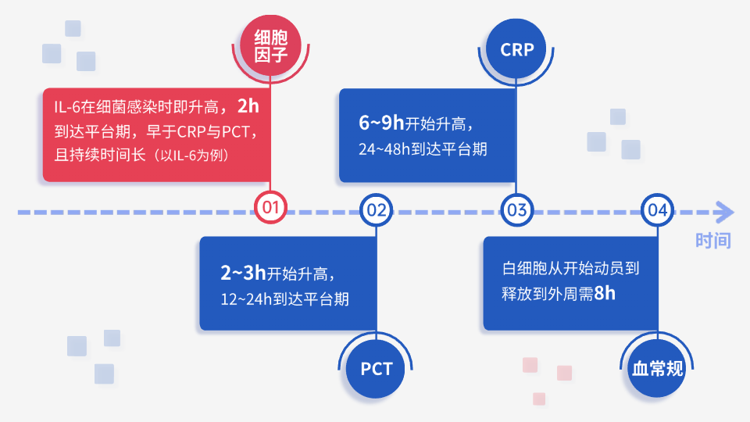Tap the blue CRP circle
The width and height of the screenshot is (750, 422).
tap(517, 49)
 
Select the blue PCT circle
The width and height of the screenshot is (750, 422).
tap(377, 368)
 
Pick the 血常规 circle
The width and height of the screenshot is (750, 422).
tap(657, 368)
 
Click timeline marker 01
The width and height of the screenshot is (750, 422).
tap(271, 209)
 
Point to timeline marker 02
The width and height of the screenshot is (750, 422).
tap(377, 209)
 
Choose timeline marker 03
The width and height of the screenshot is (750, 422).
tap(517, 209)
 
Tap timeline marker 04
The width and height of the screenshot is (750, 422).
tap(657, 209)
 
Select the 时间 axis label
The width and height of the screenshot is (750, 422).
tap(712, 241)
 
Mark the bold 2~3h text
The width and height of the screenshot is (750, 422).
tap(243, 273)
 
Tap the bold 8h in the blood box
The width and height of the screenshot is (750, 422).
tap(605, 294)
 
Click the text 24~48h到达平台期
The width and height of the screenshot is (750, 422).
tap(423, 148)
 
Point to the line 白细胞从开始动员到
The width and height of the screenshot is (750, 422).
tap(571, 270)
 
